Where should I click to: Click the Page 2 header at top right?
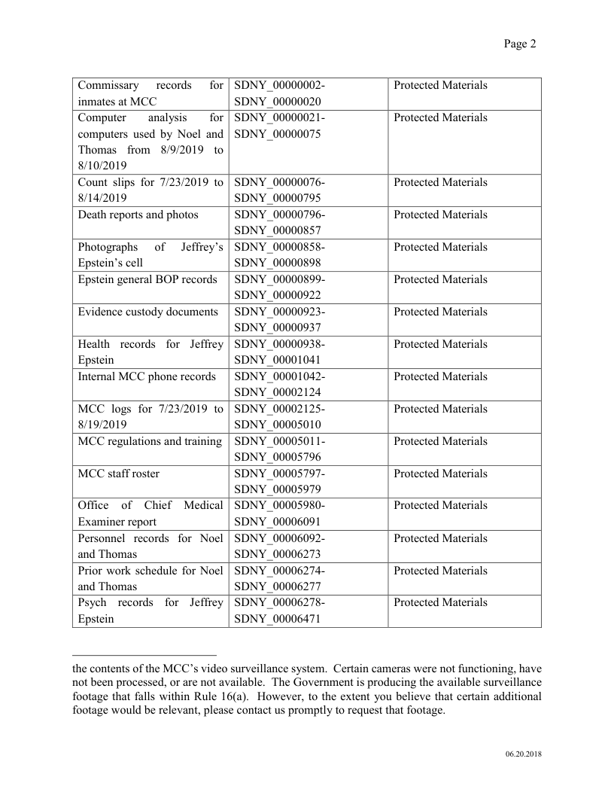519,44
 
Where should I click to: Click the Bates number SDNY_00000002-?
279,86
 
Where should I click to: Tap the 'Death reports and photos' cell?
138,215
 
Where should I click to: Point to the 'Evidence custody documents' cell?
148,312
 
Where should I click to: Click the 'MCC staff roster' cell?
119,474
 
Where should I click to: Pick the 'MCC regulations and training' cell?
150,442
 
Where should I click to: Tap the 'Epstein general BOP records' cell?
147,280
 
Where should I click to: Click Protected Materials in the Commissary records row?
440,86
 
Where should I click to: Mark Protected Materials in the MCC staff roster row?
440,474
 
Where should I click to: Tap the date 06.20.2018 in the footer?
523,754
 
